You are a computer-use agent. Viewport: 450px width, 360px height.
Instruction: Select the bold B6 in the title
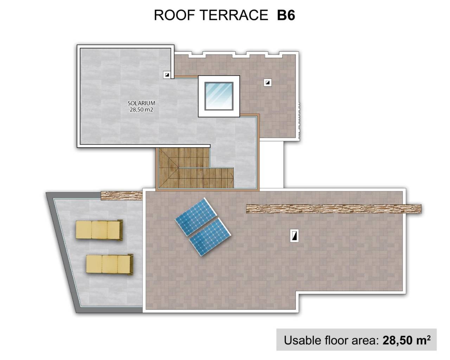[286, 15]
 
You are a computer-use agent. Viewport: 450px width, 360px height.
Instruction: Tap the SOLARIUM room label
[141, 103]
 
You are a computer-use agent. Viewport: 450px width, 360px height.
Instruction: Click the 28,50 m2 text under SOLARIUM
[141, 109]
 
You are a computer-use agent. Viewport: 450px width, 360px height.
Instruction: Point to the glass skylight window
[219, 96]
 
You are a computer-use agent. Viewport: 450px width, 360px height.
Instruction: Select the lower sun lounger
[110, 264]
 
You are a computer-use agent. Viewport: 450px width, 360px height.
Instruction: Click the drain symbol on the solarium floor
[167, 75]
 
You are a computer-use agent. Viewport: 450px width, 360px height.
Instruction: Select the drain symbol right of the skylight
[268, 83]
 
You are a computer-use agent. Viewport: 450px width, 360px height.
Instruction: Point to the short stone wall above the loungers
[121, 195]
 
